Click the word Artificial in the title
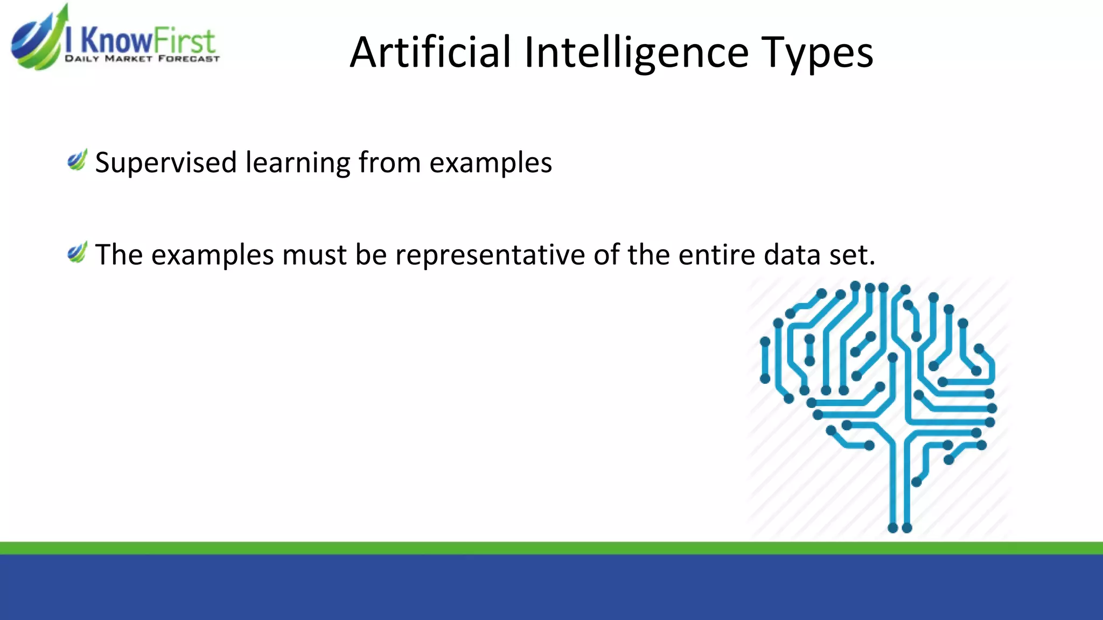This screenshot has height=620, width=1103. coord(430,52)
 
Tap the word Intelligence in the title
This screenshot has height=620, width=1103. coord(636,52)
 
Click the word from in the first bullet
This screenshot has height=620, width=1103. coord(389,163)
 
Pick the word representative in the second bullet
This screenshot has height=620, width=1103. coord(490,255)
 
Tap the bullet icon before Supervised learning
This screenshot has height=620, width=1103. coord(77,160)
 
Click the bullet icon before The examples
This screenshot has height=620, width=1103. coord(77,252)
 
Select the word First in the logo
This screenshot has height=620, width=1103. coord(184,41)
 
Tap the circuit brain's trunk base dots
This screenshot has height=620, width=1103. coord(899,527)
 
